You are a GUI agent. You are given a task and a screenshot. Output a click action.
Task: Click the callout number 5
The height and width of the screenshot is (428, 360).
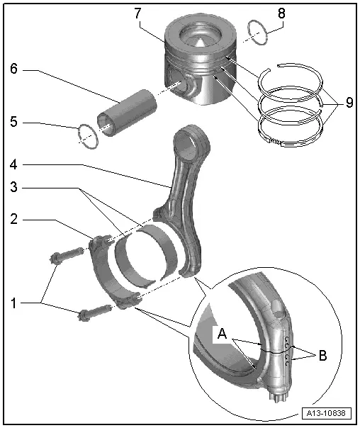13,122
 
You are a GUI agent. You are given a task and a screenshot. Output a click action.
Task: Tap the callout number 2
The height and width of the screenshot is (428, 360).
13,220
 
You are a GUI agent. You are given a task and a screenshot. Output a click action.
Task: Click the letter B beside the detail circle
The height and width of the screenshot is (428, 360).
322,355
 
